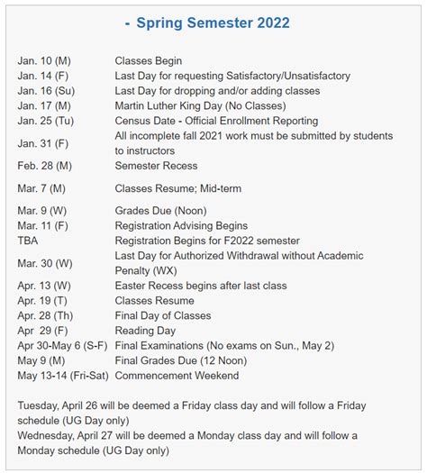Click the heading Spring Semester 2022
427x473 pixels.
(213, 21)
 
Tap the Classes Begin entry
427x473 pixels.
(149, 60)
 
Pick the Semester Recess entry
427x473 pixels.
(156, 166)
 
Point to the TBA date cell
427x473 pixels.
(29, 241)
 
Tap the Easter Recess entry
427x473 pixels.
(201, 286)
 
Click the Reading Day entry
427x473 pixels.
(146, 331)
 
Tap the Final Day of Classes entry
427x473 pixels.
(163, 315)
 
